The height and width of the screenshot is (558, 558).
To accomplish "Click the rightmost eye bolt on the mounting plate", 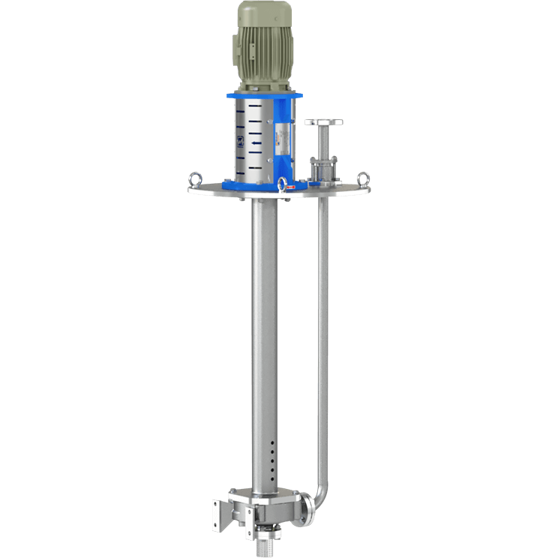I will (x=364, y=178).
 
